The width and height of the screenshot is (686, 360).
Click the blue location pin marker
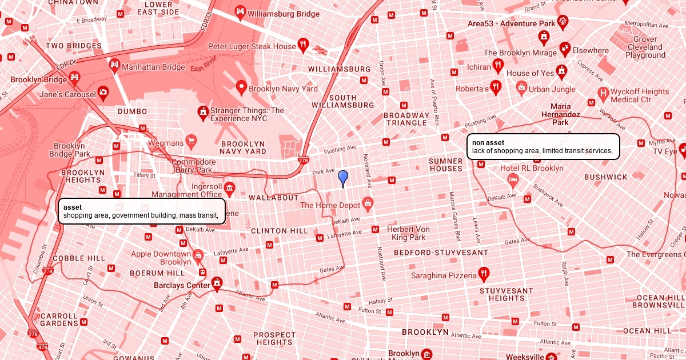[x=343, y=177]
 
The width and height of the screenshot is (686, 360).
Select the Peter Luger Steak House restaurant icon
[x=304, y=45]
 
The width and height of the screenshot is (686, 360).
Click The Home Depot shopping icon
[x=367, y=203]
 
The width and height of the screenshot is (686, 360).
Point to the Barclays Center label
[x=182, y=285]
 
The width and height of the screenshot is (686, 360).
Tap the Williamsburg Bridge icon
[x=240, y=13]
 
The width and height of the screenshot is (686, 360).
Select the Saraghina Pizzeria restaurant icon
[x=484, y=274]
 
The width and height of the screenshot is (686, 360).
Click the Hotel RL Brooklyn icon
[x=513, y=179]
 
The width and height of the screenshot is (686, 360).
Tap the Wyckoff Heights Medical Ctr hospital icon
[x=603, y=93]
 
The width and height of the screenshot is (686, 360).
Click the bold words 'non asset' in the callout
[x=488, y=142]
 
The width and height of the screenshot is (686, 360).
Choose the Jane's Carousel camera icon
[x=103, y=91]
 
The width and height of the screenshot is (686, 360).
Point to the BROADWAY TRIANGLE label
[x=406, y=119]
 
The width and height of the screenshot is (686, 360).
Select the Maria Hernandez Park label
[x=561, y=114]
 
